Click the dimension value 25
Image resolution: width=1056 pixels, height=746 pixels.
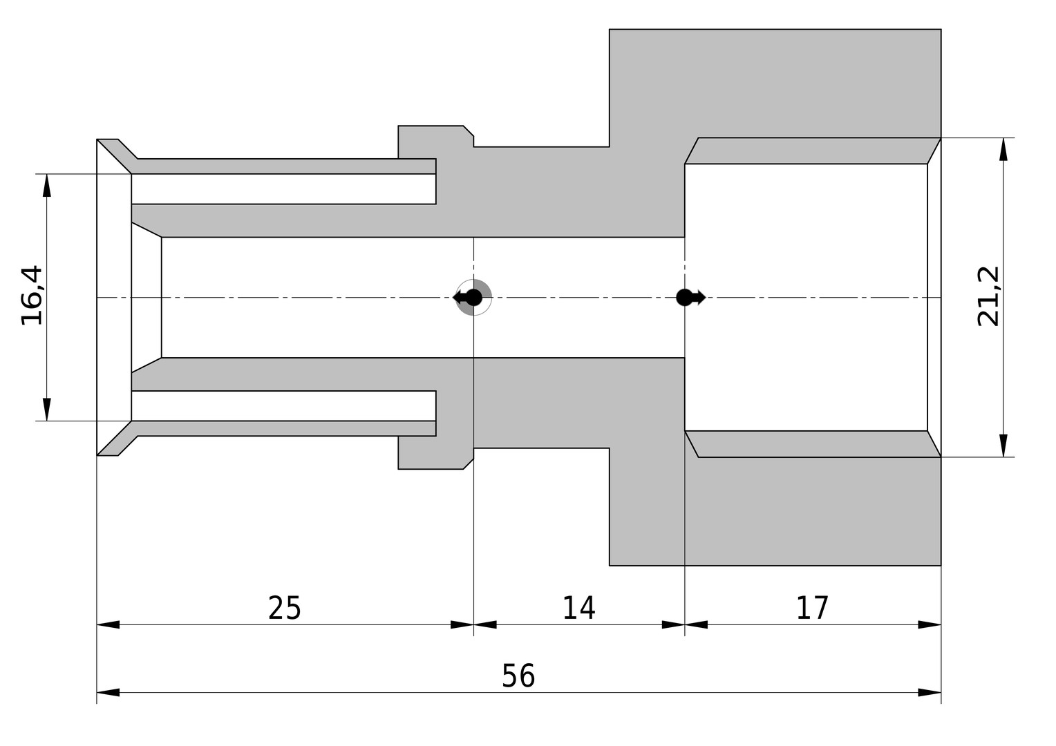pyautogui.click(x=284, y=609)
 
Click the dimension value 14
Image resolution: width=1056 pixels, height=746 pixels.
pyautogui.click(x=579, y=608)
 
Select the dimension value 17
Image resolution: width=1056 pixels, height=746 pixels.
pyautogui.click(x=812, y=608)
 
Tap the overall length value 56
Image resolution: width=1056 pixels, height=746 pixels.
pyautogui.click(x=518, y=676)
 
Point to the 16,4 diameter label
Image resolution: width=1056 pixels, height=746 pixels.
pyautogui.click(x=32, y=296)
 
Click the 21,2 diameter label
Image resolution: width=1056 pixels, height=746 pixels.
pyautogui.click(x=988, y=296)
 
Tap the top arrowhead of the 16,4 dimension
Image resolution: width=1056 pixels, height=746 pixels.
pyautogui.click(x=47, y=185)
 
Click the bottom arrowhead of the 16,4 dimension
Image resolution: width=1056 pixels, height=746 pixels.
pyautogui.click(x=47, y=410)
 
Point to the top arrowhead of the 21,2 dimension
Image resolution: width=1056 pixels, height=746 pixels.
pyautogui.click(x=1003, y=149)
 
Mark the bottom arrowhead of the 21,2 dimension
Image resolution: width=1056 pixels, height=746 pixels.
pyautogui.click(x=1003, y=446)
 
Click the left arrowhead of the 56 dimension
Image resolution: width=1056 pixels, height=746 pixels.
pyautogui.click(x=108, y=692)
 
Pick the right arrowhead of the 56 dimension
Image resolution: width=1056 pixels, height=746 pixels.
pyautogui.click(x=930, y=692)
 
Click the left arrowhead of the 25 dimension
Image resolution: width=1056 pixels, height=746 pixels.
pyautogui.click(x=108, y=625)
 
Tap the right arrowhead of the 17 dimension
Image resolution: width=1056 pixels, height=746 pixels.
pyautogui.click(x=930, y=625)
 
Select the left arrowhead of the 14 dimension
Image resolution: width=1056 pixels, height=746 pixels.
pyautogui.click(x=485, y=625)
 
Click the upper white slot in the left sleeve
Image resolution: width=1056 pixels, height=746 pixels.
pyautogui.click(x=283, y=189)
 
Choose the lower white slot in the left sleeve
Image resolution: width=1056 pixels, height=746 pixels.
pyautogui.click(x=283, y=405)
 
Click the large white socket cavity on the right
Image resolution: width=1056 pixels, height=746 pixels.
pyautogui.click(x=806, y=297)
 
